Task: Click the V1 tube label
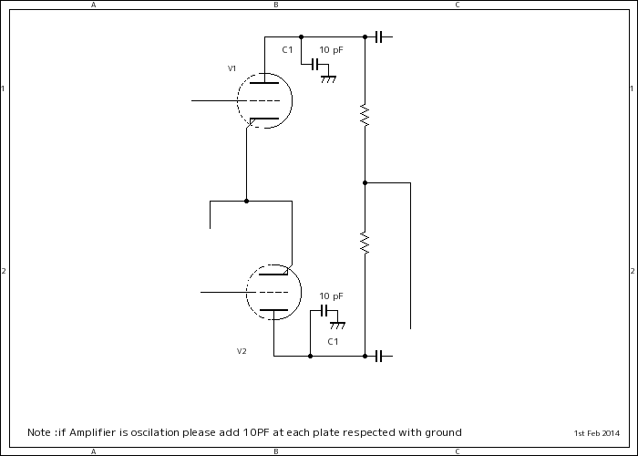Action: [232, 68]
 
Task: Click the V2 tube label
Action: [242, 351]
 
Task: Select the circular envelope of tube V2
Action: [273, 292]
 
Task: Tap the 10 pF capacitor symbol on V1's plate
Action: [316, 65]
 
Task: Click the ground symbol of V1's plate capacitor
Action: [328, 79]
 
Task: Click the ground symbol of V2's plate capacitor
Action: [337, 326]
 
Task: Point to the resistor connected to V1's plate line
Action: [365, 116]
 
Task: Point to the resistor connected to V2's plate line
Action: [365, 244]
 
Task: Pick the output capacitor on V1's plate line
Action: [378, 36]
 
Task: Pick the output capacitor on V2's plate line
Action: [378, 356]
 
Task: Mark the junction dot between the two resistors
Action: [365, 182]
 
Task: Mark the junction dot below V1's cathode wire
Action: [246, 201]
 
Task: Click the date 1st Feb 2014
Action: [596, 432]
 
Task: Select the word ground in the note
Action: [441, 432]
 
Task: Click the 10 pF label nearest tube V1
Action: [331, 49]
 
